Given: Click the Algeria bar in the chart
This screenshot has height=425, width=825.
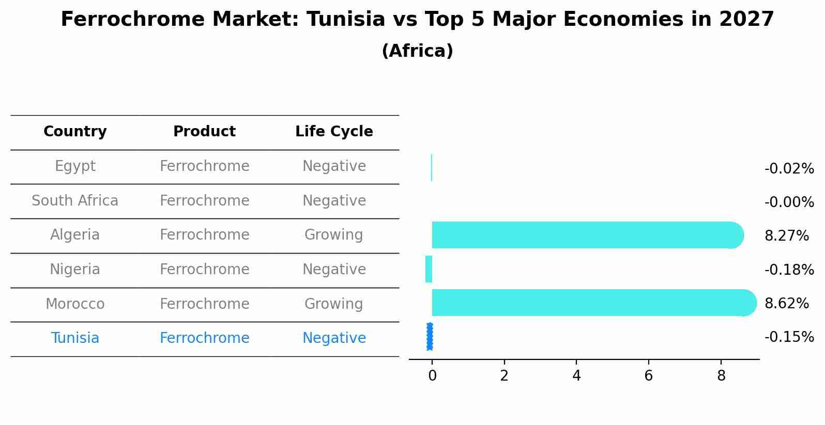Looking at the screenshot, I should tap(584, 235).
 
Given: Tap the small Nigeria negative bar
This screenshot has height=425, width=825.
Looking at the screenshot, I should tap(429, 269).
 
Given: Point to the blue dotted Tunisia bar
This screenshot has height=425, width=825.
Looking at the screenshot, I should tap(430, 337).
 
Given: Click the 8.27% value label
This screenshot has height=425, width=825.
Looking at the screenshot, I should tap(786, 236).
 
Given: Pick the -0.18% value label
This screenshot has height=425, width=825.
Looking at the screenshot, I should tap(789, 270).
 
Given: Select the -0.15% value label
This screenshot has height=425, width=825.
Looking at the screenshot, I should tap(789, 337).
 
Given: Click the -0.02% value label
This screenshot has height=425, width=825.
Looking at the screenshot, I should tap(789, 169).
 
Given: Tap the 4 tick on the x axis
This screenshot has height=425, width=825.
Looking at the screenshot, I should tap(576, 376).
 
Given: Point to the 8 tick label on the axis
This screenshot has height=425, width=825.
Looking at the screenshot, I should tap(721, 376).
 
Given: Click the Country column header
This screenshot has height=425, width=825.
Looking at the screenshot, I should tap(75, 132).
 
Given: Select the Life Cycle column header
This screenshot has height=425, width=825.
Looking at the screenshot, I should tap(334, 132).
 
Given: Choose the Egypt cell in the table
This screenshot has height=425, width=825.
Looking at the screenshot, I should tap(75, 166).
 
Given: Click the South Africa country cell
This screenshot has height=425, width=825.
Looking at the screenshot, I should tap(75, 201).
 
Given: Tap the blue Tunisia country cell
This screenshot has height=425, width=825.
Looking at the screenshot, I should tap(75, 338).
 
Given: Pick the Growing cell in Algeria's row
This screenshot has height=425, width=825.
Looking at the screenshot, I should tap(334, 235).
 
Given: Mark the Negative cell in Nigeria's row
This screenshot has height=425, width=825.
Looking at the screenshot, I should tap(334, 270).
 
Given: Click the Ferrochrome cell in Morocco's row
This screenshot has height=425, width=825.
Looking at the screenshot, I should tap(204, 304).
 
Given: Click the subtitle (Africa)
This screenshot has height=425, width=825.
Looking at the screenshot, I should tap(417, 51).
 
